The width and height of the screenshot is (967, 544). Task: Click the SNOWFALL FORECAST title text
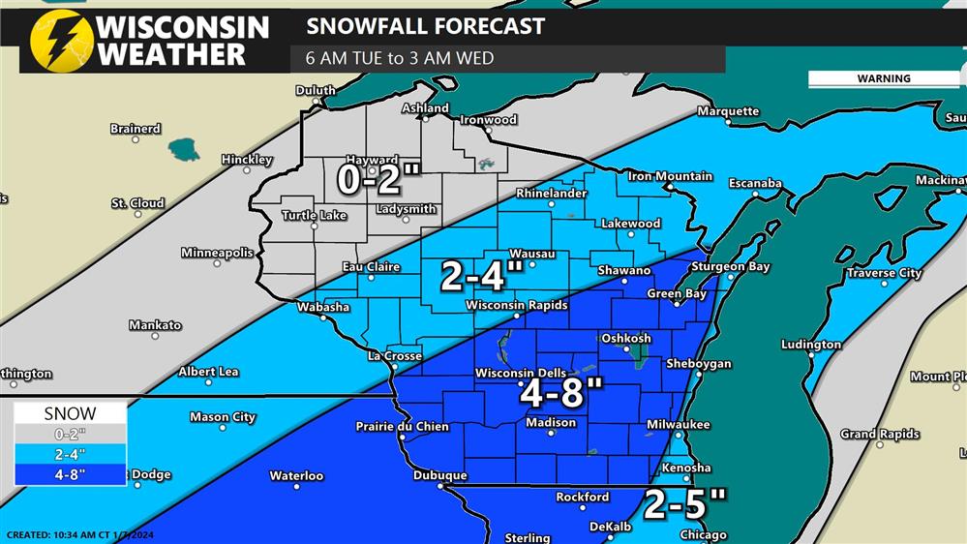425,26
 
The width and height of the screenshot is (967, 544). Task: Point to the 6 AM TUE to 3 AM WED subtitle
400,58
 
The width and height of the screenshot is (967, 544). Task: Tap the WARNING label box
883,78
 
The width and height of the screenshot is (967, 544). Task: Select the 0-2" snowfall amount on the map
378,178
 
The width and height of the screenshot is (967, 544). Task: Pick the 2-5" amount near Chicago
684,503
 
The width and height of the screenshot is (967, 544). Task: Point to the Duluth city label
316,91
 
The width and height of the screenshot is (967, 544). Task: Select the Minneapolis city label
217,253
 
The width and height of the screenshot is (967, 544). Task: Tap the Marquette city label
728,111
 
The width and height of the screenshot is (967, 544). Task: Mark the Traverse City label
884,274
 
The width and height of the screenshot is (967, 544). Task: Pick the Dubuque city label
440,475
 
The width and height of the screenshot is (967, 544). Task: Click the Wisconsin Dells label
527,374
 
